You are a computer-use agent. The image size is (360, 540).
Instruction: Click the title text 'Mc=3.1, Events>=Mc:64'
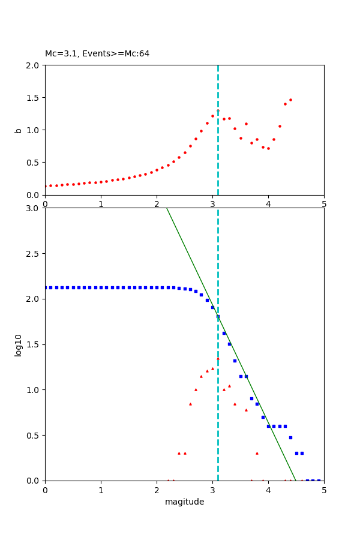click(97, 54)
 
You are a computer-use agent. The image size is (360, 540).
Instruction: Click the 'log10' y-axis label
click(18, 345)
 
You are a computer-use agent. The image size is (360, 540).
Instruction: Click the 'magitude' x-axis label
click(184, 502)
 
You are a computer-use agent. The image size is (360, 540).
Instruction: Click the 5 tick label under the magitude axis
click(324, 490)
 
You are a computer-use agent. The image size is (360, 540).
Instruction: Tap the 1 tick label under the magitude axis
click(101, 490)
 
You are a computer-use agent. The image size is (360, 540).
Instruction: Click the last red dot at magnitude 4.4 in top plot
click(290, 100)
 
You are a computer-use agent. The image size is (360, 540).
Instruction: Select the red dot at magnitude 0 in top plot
click(45, 186)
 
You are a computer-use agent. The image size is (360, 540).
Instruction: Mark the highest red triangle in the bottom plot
click(218, 358)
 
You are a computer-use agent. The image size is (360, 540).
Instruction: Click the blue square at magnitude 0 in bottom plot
click(46, 287)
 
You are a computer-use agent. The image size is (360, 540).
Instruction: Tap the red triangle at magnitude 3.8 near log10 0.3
click(257, 453)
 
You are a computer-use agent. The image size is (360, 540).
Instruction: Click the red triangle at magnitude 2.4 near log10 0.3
click(179, 453)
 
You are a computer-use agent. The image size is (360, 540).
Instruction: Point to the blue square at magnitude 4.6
click(302, 453)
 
